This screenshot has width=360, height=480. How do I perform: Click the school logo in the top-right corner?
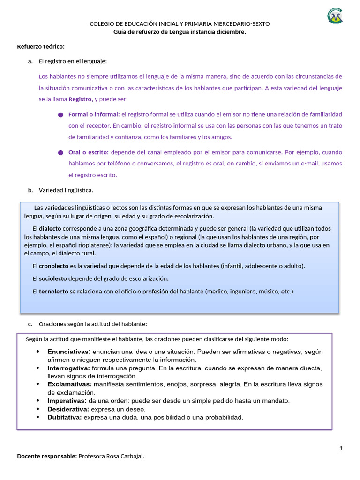click(335, 16)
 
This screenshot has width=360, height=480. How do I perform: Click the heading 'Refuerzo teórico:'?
click(41, 46)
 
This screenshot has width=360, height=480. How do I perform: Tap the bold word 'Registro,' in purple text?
click(81, 99)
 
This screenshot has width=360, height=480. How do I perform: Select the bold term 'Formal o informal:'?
click(94, 114)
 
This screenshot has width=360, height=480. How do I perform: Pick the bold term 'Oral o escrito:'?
click(89, 152)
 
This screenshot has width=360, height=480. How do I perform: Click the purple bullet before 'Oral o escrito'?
click(60, 153)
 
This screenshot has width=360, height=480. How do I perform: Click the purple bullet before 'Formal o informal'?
click(60, 115)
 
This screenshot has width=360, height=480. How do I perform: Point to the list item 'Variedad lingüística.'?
click(66, 190)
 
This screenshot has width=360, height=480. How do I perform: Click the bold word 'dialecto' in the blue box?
click(50, 229)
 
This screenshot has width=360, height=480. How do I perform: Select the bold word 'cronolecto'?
click(53, 266)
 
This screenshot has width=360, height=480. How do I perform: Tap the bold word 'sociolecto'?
click(53, 278)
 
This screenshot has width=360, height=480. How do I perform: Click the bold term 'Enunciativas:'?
click(69, 352)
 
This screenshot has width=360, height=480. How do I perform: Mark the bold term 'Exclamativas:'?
click(69, 384)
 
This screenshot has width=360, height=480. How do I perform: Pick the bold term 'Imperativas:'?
click(67, 401)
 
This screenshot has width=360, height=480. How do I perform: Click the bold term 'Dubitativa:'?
click(65, 417)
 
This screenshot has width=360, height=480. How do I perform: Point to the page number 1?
click(341, 449)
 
